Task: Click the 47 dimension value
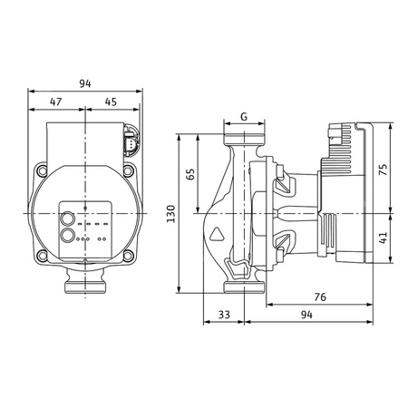[x=56, y=102]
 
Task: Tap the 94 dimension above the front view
[x=85, y=84]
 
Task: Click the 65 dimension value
[x=190, y=174]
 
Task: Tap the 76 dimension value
[x=320, y=295]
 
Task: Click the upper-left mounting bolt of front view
[x=41, y=170]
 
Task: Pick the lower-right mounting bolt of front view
[x=129, y=257]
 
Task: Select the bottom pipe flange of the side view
[x=243, y=288]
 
